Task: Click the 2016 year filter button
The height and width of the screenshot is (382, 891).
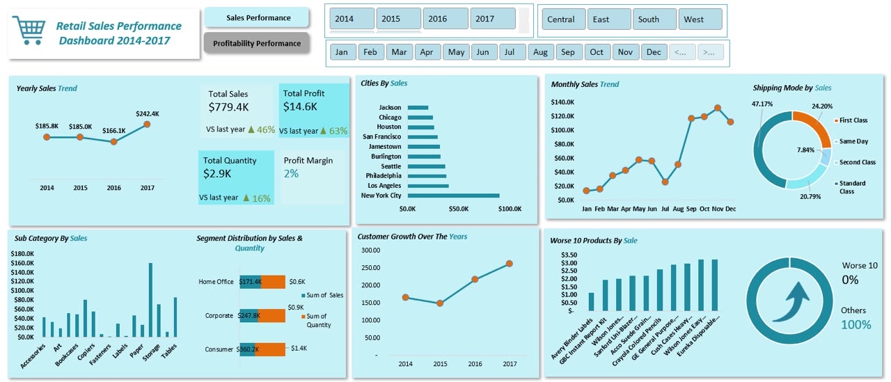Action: point(445,19)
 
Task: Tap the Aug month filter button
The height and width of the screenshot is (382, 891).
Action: point(540,52)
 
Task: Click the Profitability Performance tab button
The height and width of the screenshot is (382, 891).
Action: point(257,43)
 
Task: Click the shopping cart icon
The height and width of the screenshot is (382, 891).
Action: point(29,30)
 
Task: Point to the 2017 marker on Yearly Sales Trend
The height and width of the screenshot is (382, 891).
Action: point(147,125)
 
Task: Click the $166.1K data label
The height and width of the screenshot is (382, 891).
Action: point(113,130)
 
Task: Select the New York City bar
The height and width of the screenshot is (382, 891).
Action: point(453,196)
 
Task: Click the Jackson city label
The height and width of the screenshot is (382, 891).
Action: point(390,107)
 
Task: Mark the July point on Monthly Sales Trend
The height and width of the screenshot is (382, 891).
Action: point(665,182)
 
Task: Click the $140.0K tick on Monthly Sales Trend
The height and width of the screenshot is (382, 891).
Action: point(562,102)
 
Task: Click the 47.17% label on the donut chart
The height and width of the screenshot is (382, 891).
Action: point(762,104)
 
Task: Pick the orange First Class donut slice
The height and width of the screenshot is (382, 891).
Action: point(817,127)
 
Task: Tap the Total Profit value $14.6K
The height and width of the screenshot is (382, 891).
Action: point(300,106)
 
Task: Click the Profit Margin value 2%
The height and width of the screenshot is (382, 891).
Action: point(291,173)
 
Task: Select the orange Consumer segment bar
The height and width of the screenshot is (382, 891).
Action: point(270,349)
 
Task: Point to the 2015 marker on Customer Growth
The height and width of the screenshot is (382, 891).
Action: point(440,303)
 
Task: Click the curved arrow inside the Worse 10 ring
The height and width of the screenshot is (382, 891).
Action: point(791,302)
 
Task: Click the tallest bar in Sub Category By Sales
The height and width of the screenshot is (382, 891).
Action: point(150,300)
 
